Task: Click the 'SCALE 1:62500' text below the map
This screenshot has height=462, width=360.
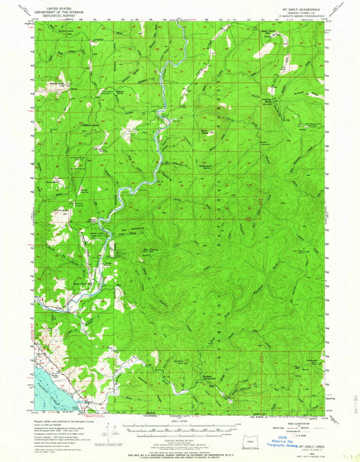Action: (176, 420)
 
